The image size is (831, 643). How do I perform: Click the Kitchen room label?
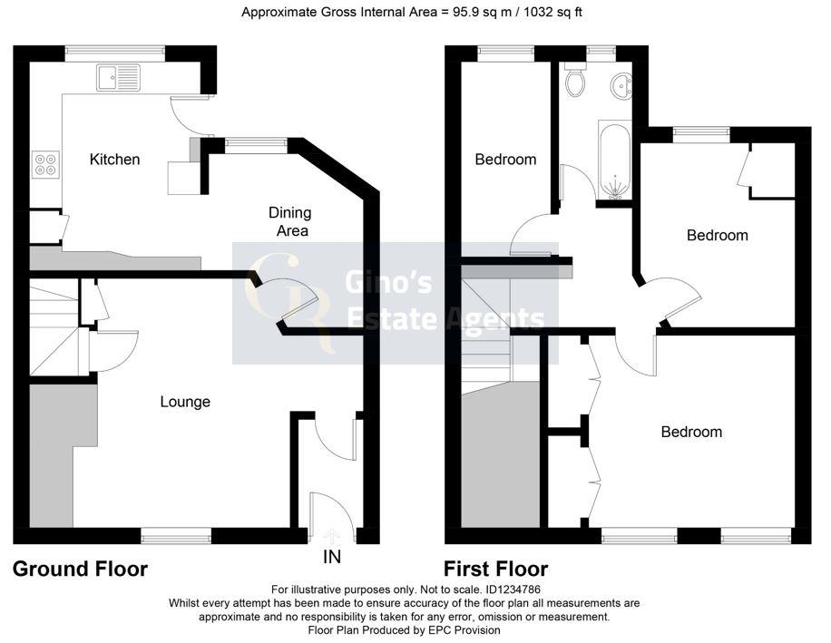pos(114,160)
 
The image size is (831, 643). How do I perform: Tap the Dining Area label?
pos(289,221)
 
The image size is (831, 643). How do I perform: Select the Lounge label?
pos(185,402)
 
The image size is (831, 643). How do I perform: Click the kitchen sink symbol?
pos(117,78)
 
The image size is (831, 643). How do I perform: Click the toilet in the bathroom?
pos(573,83)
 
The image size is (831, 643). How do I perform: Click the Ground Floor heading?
pos(80,570)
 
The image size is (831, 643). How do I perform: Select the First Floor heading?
pos(495,570)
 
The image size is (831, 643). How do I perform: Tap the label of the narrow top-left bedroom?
pos(505,160)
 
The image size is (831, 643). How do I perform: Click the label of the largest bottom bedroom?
pos(691,432)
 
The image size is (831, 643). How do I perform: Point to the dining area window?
pos(257,142)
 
